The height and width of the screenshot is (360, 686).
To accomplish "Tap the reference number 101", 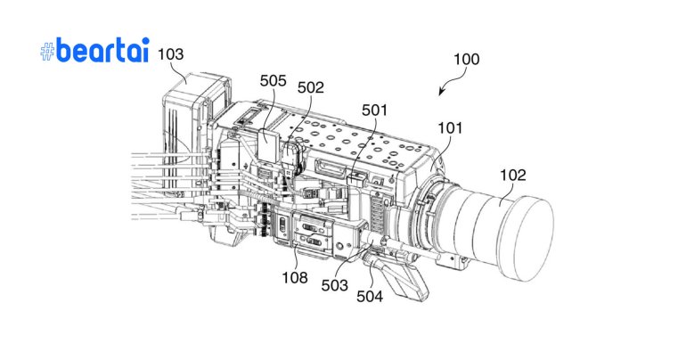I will [450, 127].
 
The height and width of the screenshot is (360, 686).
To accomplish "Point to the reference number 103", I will [170, 53].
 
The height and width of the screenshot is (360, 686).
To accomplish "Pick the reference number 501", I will [375, 110].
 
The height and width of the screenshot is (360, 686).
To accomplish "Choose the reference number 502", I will [311, 87].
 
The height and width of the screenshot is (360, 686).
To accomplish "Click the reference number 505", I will [273, 81].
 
